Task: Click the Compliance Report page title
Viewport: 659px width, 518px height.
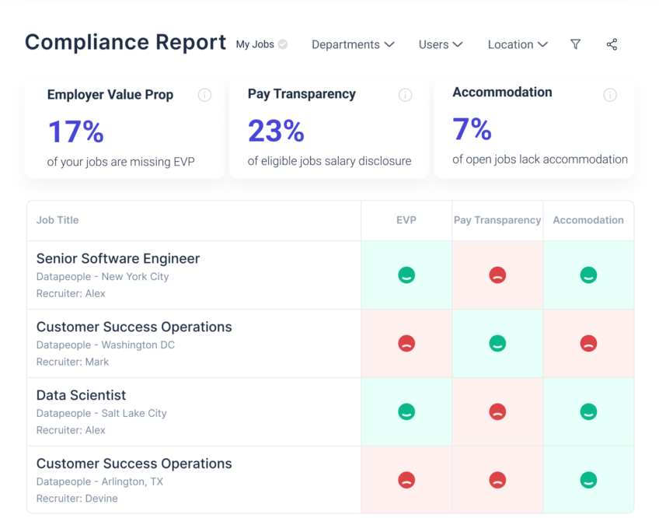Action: (125, 42)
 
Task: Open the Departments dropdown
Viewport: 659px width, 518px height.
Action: (353, 44)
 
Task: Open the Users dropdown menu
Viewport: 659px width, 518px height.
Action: (440, 44)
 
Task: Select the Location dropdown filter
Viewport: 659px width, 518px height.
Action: (518, 44)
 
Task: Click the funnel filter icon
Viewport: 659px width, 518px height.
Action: (575, 44)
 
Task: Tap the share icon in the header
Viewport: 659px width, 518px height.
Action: (612, 44)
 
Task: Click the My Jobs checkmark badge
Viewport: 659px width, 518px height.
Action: (283, 44)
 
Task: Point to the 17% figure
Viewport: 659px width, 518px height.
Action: (75, 131)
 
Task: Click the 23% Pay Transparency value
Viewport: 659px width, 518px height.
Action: (276, 131)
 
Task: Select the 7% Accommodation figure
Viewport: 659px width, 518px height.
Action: (472, 129)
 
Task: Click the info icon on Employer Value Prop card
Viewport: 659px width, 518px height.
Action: (204, 95)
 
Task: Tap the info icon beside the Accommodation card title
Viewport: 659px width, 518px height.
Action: (610, 95)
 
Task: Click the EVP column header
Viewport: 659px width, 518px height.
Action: (406, 220)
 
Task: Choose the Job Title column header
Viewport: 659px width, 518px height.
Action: (58, 220)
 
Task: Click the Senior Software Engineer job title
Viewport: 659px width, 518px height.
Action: (118, 258)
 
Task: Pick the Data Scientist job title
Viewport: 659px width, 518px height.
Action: (81, 395)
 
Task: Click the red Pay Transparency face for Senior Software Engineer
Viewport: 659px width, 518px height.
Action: (497, 275)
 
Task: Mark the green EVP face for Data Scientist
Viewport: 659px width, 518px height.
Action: (406, 411)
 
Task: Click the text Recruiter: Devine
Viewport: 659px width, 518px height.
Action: (77, 499)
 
